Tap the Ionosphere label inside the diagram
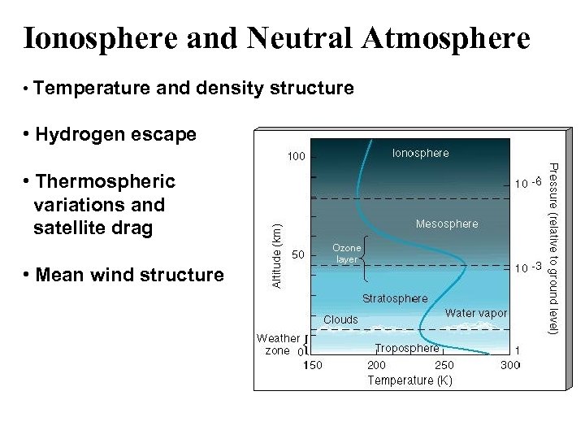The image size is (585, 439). click(x=420, y=153)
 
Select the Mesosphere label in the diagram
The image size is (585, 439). click(x=447, y=224)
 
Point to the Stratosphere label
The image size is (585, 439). click(x=395, y=298)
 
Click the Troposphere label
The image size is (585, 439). click(x=407, y=348)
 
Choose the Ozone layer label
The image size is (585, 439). click(x=347, y=253)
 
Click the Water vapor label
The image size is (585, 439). click(x=476, y=313)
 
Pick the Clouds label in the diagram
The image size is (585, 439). click(x=340, y=319)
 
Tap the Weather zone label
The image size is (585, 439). click(x=278, y=345)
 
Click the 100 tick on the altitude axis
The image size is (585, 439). click(x=296, y=156)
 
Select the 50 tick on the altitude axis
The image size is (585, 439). click(x=298, y=254)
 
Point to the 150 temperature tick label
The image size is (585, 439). click(x=313, y=365)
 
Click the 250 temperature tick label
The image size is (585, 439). click(x=444, y=365)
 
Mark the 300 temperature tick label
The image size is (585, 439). click(x=510, y=365)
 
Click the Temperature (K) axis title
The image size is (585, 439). click(x=409, y=380)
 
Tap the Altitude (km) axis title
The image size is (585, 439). click(x=276, y=255)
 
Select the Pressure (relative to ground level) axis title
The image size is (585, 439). click(x=552, y=248)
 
